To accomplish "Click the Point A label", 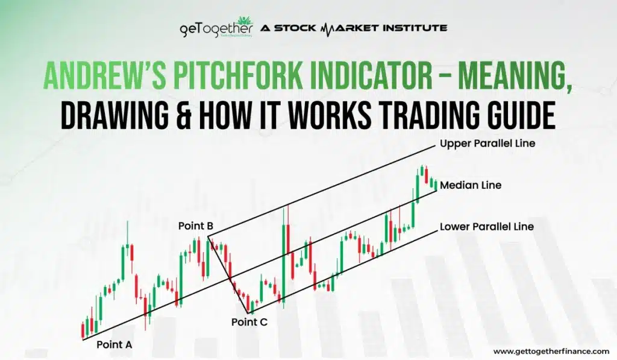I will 114,345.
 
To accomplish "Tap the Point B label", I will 196,226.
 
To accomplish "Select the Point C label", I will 249,321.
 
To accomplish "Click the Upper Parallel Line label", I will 487,144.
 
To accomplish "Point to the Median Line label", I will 471,185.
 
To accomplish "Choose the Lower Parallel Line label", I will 487,227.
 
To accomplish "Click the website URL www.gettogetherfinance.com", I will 551,351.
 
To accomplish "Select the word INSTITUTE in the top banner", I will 416,28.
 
